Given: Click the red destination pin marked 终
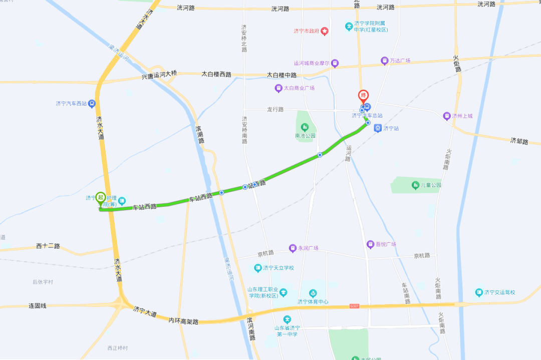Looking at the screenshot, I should [364, 96].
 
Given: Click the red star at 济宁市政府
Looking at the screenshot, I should [325, 31].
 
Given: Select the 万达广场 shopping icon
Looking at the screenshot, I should [385, 61].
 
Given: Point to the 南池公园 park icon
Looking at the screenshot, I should [305, 127].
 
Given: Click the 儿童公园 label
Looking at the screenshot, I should [431, 185].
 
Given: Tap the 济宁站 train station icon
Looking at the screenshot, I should [378, 128].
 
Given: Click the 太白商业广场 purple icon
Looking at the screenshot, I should [279, 88].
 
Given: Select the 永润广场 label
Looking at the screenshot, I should [308, 248].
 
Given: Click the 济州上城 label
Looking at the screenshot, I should [462, 116].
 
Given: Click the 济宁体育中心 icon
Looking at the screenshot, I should [313, 293].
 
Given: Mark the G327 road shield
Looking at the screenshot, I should [354, 305].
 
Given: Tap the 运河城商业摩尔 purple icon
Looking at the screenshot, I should [335, 64].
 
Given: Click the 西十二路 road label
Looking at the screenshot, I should [48, 246].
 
